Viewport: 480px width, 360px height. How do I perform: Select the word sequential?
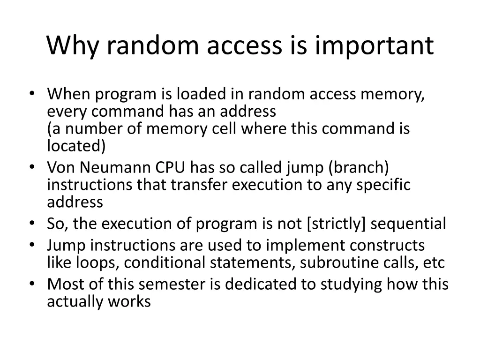pyautogui.click(x=408, y=224)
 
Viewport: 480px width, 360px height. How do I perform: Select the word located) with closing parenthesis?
pyautogui.click(x=76, y=146)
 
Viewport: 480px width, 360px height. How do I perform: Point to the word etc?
pyautogui.click(x=434, y=262)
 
